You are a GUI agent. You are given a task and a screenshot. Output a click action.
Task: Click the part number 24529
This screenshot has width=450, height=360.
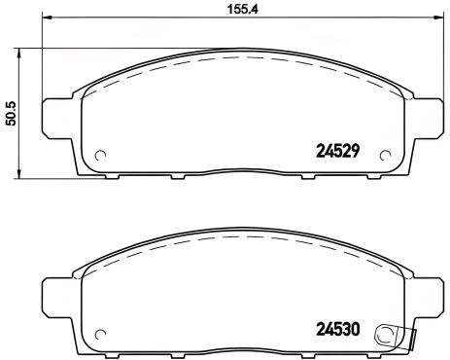(338, 151)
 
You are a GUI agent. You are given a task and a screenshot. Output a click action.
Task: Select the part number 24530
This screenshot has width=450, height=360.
(338, 329)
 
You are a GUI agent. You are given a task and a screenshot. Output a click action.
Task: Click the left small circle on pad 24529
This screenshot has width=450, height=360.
(99, 155)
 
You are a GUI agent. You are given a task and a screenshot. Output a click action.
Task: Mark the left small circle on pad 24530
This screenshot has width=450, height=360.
(99, 334)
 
